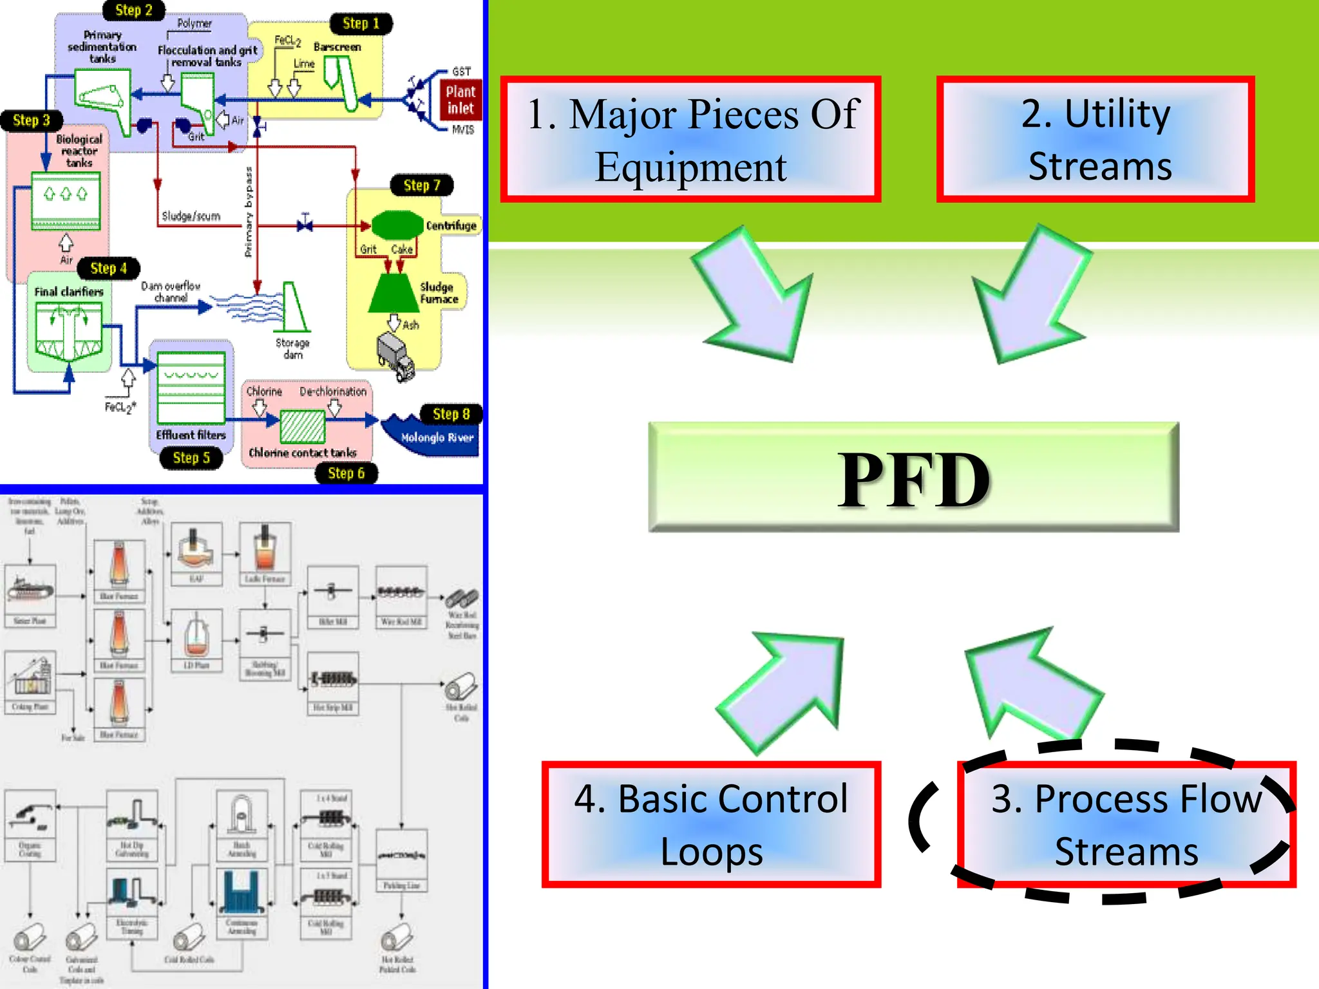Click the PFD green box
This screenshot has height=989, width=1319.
coord(913,477)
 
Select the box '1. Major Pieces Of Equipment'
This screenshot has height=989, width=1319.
coord(691,140)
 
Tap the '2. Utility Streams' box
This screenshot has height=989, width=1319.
coord(1096,140)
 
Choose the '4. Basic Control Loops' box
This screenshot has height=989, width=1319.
coord(711,825)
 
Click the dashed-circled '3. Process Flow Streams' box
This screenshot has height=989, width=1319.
coord(1126,825)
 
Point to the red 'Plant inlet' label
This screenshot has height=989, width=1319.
coord(460,100)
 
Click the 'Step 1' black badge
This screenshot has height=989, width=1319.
coord(361,24)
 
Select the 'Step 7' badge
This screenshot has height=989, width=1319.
coord(422,185)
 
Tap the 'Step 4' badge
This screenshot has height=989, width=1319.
coord(108,268)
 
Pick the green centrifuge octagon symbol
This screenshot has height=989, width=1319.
coord(397,225)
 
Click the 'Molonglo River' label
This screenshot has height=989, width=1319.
coord(437,438)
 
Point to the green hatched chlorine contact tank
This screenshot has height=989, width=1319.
coord(303,426)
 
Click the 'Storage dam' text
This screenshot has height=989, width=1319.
coord(292,348)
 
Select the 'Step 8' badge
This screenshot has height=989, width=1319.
coord(451,414)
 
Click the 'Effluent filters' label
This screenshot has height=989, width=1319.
coord(191,435)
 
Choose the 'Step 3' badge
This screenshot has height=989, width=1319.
coord(31,120)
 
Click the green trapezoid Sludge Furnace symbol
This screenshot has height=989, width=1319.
coord(393,294)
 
